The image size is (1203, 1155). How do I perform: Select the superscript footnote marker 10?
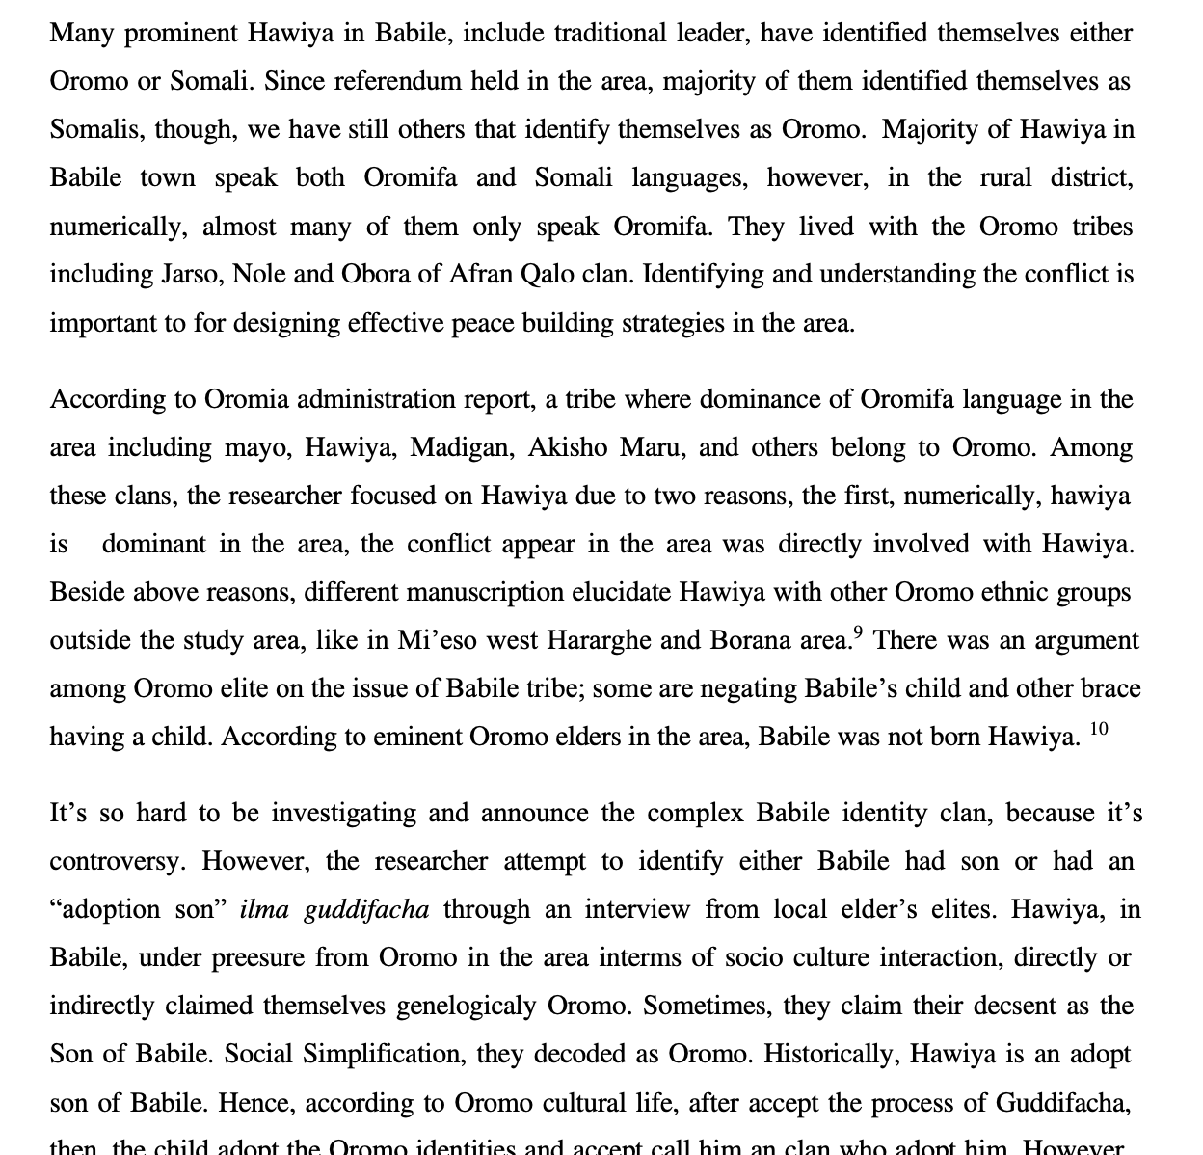(x=1100, y=730)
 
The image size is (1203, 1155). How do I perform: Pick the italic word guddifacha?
(x=366, y=909)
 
